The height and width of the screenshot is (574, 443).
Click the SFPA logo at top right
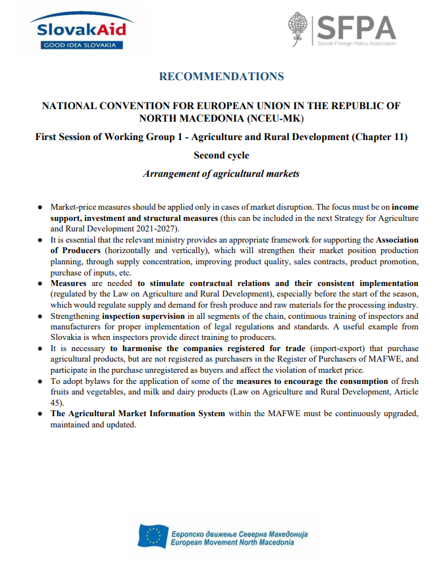(342, 30)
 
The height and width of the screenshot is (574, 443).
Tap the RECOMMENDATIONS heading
(221, 77)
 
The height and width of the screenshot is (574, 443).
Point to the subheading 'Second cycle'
(221, 156)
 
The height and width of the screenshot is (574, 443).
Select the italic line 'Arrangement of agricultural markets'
(221, 174)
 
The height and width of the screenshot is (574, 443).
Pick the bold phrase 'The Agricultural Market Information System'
(138, 414)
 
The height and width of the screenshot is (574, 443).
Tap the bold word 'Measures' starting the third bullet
(69, 283)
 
